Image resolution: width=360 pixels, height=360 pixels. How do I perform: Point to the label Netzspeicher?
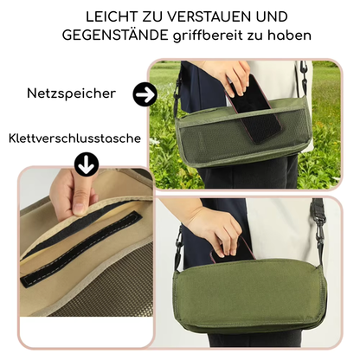[x=72, y=93]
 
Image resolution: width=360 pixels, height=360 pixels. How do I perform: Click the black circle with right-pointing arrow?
[x=145, y=93]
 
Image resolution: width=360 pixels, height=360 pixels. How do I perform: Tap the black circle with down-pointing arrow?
[x=87, y=164]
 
